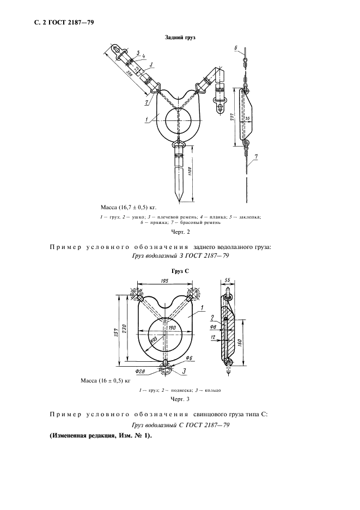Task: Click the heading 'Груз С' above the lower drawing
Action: point(180,271)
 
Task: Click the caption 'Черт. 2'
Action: point(180,233)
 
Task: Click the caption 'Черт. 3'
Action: point(180,399)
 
